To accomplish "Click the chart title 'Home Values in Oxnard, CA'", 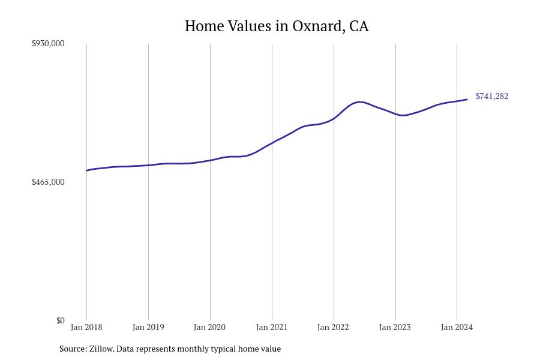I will pos(277,26).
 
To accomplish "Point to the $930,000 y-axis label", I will pos(48,43).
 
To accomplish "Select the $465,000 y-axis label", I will pos(48,182).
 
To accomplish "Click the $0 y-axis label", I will pos(60,320).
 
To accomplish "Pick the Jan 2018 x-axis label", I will pos(86,327).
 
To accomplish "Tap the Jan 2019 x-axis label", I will pos(148,327).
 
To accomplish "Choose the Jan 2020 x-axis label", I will pos(210,327).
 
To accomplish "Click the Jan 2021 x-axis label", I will pos(272,327).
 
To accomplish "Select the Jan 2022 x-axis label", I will pos(334,327).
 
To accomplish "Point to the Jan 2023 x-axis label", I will pos(395,327).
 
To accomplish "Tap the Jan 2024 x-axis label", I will pos(457,327).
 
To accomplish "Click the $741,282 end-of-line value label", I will pos(492,96).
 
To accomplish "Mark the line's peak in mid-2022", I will pos(359,102).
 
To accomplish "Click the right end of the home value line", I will pos(467,99).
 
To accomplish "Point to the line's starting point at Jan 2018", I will pos(87,170).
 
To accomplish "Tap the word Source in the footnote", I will pos(72,349).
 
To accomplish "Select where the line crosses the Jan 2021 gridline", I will pos(272,143).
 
